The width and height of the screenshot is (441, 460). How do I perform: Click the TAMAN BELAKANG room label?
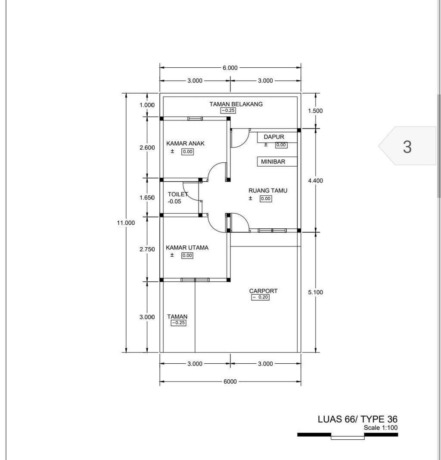click(x=236, y=104)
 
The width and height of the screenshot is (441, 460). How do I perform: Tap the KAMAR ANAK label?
click(x=185, y=143)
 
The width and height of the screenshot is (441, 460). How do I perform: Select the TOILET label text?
click(x=178, y=194)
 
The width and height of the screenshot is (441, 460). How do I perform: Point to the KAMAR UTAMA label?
click(x=187, y=248)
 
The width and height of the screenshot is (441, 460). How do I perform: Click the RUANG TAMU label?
click(x=268, y=191)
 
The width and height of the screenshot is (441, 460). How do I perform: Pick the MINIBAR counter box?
click(x=277, y=162)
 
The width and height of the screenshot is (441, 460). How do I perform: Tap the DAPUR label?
click(x=274, y=137)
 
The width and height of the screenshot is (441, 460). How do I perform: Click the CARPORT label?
click(x=263, y=291)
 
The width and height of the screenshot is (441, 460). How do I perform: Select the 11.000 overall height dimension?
click(x=126, y=223)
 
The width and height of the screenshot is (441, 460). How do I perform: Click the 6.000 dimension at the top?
click(x=230, y=68)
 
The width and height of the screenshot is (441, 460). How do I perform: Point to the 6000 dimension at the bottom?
click(x=230, y=381)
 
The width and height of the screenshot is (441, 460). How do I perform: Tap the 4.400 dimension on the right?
click(x=315, y=181)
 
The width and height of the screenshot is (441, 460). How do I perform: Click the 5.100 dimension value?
click(x=315, y=292)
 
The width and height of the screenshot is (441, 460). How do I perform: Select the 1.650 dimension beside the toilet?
click(x=147, y=198)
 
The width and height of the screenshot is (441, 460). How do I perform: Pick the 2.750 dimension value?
click(x=147, y=249)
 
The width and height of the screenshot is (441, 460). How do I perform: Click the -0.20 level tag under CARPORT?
click(x=260, y=297)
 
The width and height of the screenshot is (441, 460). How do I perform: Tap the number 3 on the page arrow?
click(x=407, y=147)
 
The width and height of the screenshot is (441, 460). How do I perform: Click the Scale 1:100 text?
click(x=381, y=428)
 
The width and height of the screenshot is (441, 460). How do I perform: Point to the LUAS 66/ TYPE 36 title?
click(x=357, y=419)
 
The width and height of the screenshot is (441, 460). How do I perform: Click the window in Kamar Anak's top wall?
click(x=195, y=119)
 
